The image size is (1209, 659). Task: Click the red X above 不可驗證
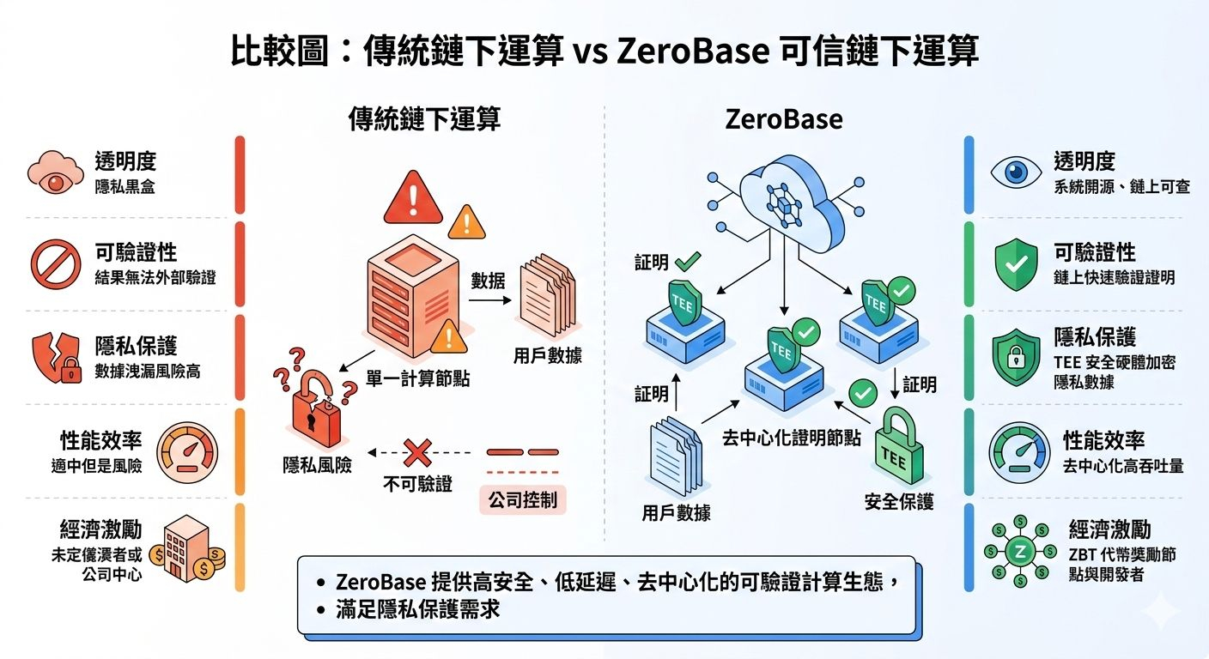(417, 451)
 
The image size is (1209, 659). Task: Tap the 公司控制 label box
(523, 499)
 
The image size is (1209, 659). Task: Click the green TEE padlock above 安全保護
(899, 450)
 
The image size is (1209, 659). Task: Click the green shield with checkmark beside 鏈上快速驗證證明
(1018, 264)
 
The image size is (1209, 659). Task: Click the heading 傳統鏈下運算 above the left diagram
(424, 119)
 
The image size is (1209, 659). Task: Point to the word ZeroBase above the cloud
(783, 119)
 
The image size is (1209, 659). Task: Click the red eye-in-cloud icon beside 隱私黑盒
(57, 172)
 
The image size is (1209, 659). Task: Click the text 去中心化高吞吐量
(1123, 466)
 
